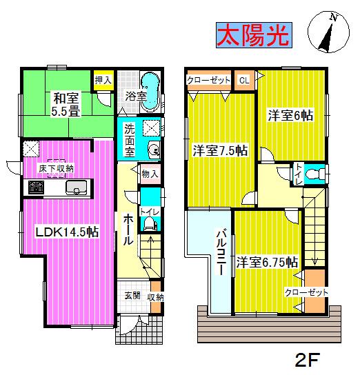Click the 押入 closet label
click(x=101, y=79)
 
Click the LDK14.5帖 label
click(x=66, y=232)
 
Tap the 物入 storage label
click(x=150, y=174)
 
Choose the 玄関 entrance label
click(x=132, y=296)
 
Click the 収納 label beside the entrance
click(x=155, y=296)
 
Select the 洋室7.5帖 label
click(x=219, y=150)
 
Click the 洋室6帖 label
click(x=290, y=116)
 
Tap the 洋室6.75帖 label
click(x=267, y=262)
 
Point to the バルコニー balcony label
click(x=222, y=252)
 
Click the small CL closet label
click(x=244, y=80)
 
